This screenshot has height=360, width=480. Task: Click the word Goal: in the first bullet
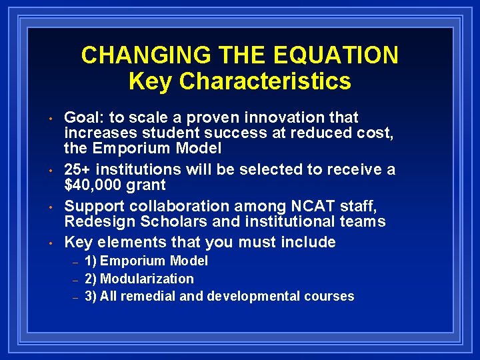tap(83, 118)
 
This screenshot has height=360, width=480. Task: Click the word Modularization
tap(147, 279)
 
